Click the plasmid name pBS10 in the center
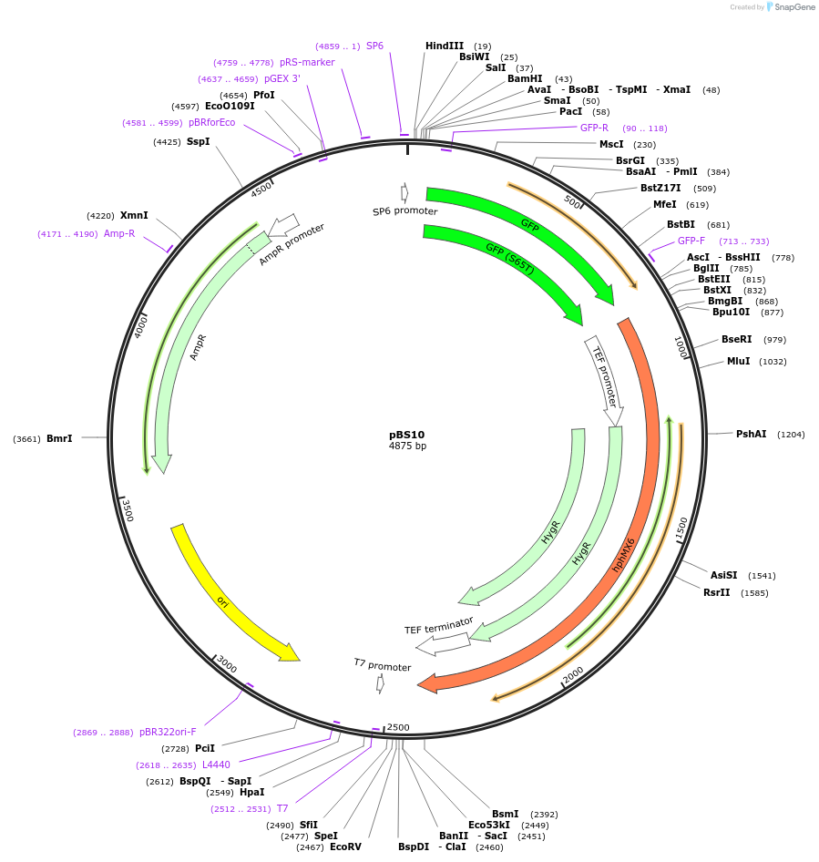[x=406, y=435]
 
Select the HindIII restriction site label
[x=445, y=46]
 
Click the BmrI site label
[x=59, y=438]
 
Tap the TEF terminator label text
[x=439, y=626]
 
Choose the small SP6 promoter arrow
[x=404, y=193]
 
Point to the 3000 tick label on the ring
[x=227, y=667]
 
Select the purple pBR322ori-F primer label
[x=168, y=732]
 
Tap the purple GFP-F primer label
[x=691, y=241]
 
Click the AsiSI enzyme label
[x=724, y=575]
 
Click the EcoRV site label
[x=345, y=847]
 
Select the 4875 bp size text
[x=407, y=446]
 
